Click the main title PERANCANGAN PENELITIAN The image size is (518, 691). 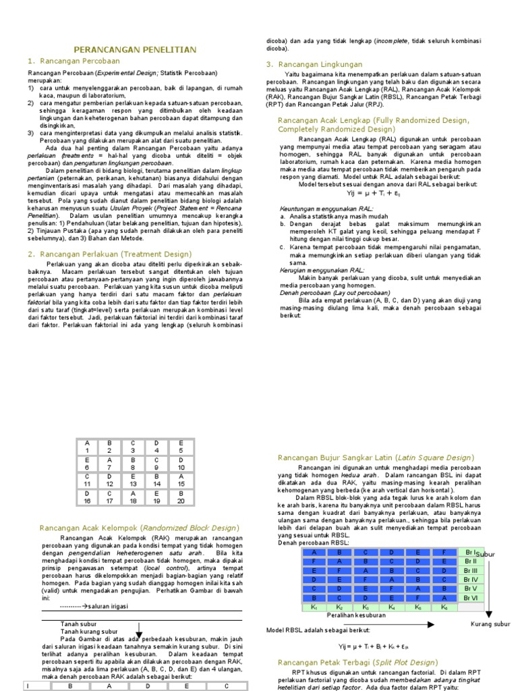pyautogui.click(x=135, y=50)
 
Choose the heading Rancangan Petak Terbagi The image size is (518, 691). pyautogui.click(x=357, y=662)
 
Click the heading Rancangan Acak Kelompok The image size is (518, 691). pyautogui.click(x=139, y=527)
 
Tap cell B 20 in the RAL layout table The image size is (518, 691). pyautogui.click(x=180, y=497)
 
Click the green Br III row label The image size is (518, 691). pyautogui.click(x=470, y=570)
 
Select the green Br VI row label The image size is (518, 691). pyautogui.click(x=470, y=598)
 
